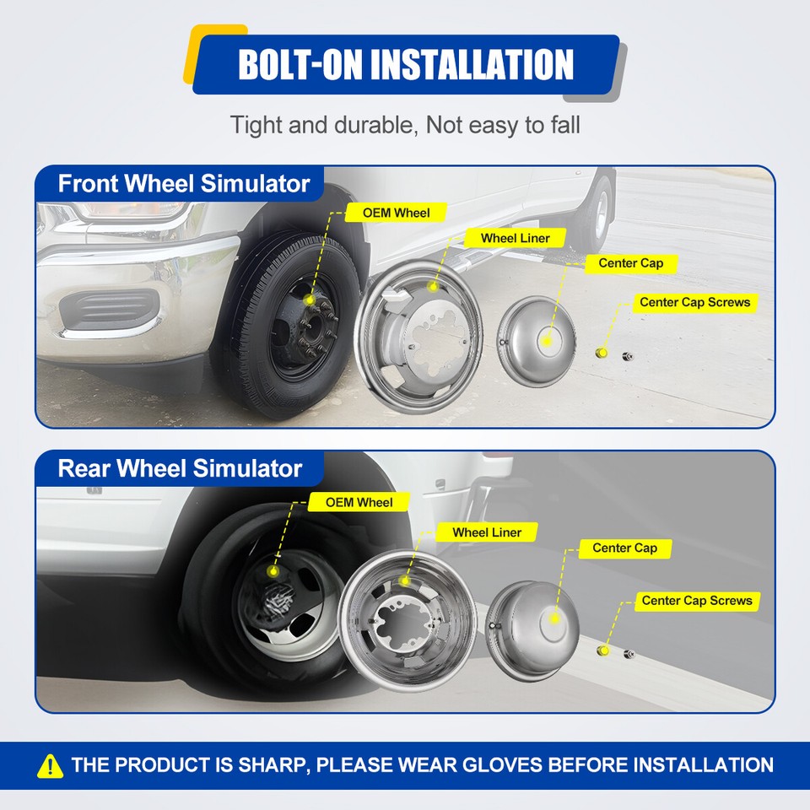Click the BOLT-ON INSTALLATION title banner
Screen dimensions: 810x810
tap(406, 64)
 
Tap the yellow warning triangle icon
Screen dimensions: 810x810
tap(51, 765)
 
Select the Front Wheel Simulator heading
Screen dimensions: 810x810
tap(183, 183)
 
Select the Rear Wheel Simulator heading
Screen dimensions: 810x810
tap(180, 467)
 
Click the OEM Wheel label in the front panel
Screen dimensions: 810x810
tap(396, 213)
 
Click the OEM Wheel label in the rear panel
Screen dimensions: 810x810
tap(359, 502)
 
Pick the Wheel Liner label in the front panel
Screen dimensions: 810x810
tap(515, 238)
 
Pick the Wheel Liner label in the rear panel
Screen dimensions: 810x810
tap(487, 532)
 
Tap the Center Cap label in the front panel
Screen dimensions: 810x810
tap(630, 263)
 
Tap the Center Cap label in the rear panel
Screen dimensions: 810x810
tap(624, 548)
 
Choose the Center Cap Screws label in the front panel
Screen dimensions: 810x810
tap(694, 302)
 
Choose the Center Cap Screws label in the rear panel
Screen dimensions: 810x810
tap(696, 601)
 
